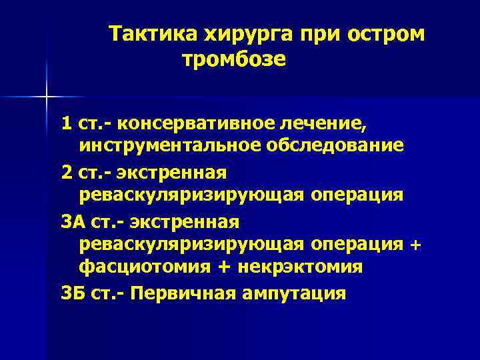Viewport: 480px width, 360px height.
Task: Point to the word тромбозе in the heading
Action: tap(234, 60)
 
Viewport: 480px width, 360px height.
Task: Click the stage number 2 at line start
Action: tap(66, 172)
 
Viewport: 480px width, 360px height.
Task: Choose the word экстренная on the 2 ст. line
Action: tap(171, 172)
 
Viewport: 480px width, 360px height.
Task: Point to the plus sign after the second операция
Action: tap(415, 244)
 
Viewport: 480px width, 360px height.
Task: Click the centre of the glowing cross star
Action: tap(47, 97)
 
